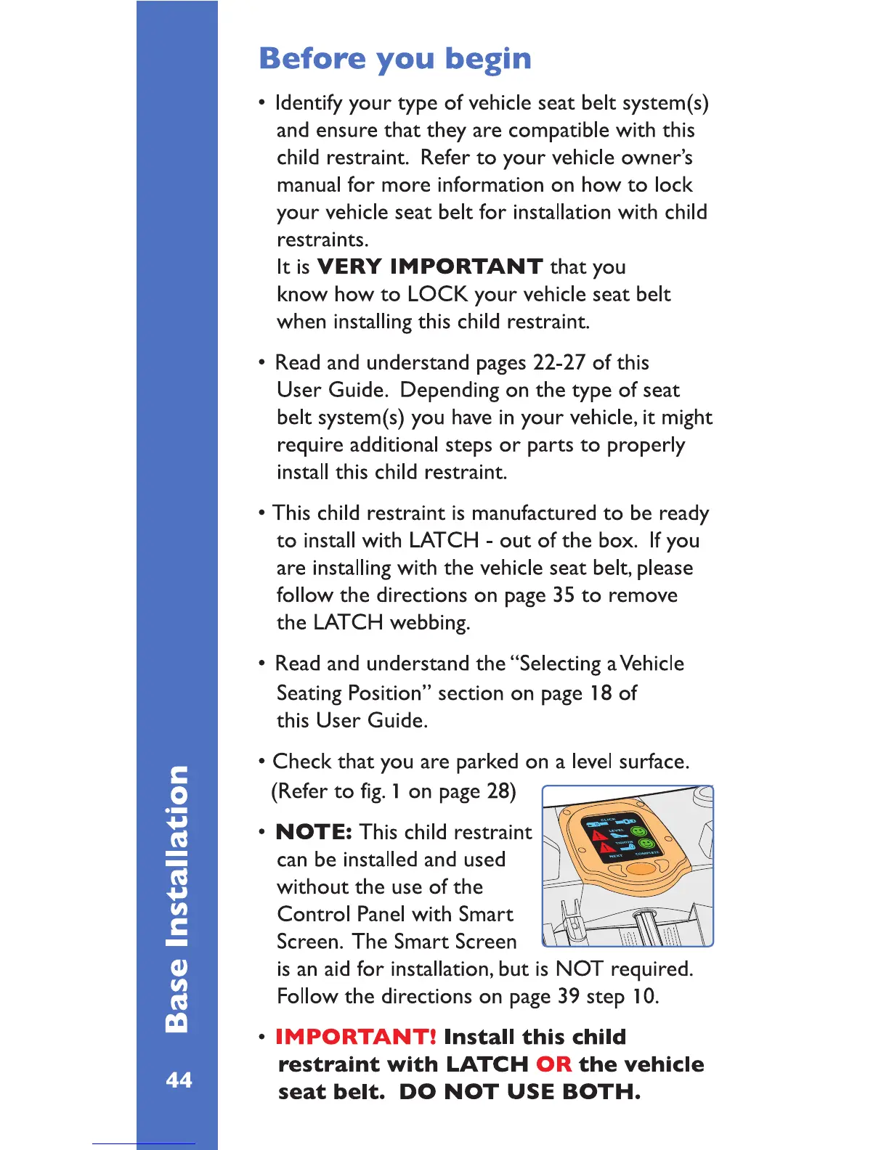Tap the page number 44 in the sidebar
tap(179, 1080)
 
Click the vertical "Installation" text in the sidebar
tap(177, 857)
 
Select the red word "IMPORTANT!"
tap(356, 1037)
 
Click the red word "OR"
tap(553, 1064)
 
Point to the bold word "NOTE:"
tap(314, 832)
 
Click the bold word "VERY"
tap(349, 266)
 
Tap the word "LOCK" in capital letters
tap(437, 294)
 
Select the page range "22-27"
tap(559, 362)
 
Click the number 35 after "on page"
tap(564, 595)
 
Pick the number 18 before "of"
tap(601, 693)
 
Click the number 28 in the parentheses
tap(498, 791)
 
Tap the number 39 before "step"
tap(569, 996)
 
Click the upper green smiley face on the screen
tap(638, 831)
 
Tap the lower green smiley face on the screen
tap(646, 845)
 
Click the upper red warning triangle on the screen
tap(600, 836)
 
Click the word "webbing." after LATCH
tap(430, 623)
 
